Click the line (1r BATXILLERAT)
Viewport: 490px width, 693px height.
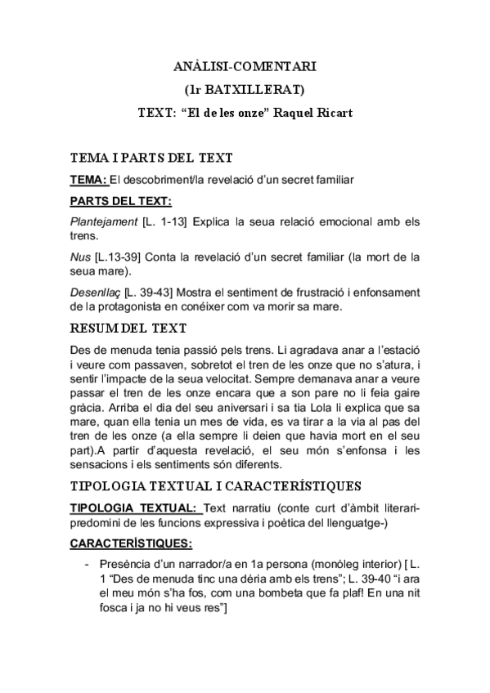[245, 88]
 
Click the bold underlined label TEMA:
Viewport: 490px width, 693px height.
[89, 179]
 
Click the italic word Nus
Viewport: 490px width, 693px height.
[81, 257]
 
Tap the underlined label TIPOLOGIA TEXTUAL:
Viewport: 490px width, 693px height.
[136, 508]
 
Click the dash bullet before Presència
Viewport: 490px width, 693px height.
[87, 565]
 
